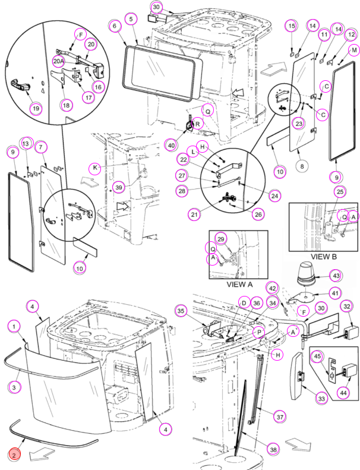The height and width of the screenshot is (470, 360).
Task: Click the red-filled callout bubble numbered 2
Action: [14, 455]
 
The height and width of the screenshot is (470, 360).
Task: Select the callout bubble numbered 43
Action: [336, 276]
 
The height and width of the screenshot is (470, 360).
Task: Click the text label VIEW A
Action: [239, 284]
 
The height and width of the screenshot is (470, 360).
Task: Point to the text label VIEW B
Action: [323, 257]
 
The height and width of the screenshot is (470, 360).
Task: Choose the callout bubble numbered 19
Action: [36, 108]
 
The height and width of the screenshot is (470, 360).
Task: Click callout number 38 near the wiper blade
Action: [273, 449]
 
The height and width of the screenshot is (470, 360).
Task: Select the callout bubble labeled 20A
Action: [59, 61]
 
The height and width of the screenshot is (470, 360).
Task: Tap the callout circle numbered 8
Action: [302, 166]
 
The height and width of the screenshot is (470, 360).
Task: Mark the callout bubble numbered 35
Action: [181, 311]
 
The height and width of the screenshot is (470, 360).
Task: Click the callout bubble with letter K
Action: [95, 168]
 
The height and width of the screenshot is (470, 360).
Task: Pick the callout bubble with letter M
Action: [354, 50]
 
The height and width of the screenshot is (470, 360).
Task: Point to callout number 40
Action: [171, 146]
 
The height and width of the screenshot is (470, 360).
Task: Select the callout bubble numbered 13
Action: [26, 144]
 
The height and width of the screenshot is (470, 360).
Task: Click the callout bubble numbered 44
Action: [343, 392]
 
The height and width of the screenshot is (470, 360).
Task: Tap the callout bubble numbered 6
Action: [115, 26]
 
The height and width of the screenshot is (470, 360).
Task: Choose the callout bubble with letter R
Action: [198, 123]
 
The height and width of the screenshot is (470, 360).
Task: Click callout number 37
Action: [280, 417]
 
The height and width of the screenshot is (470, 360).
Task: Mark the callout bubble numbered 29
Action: [220, 239]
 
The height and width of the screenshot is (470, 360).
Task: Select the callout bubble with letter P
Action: [258, 332]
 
